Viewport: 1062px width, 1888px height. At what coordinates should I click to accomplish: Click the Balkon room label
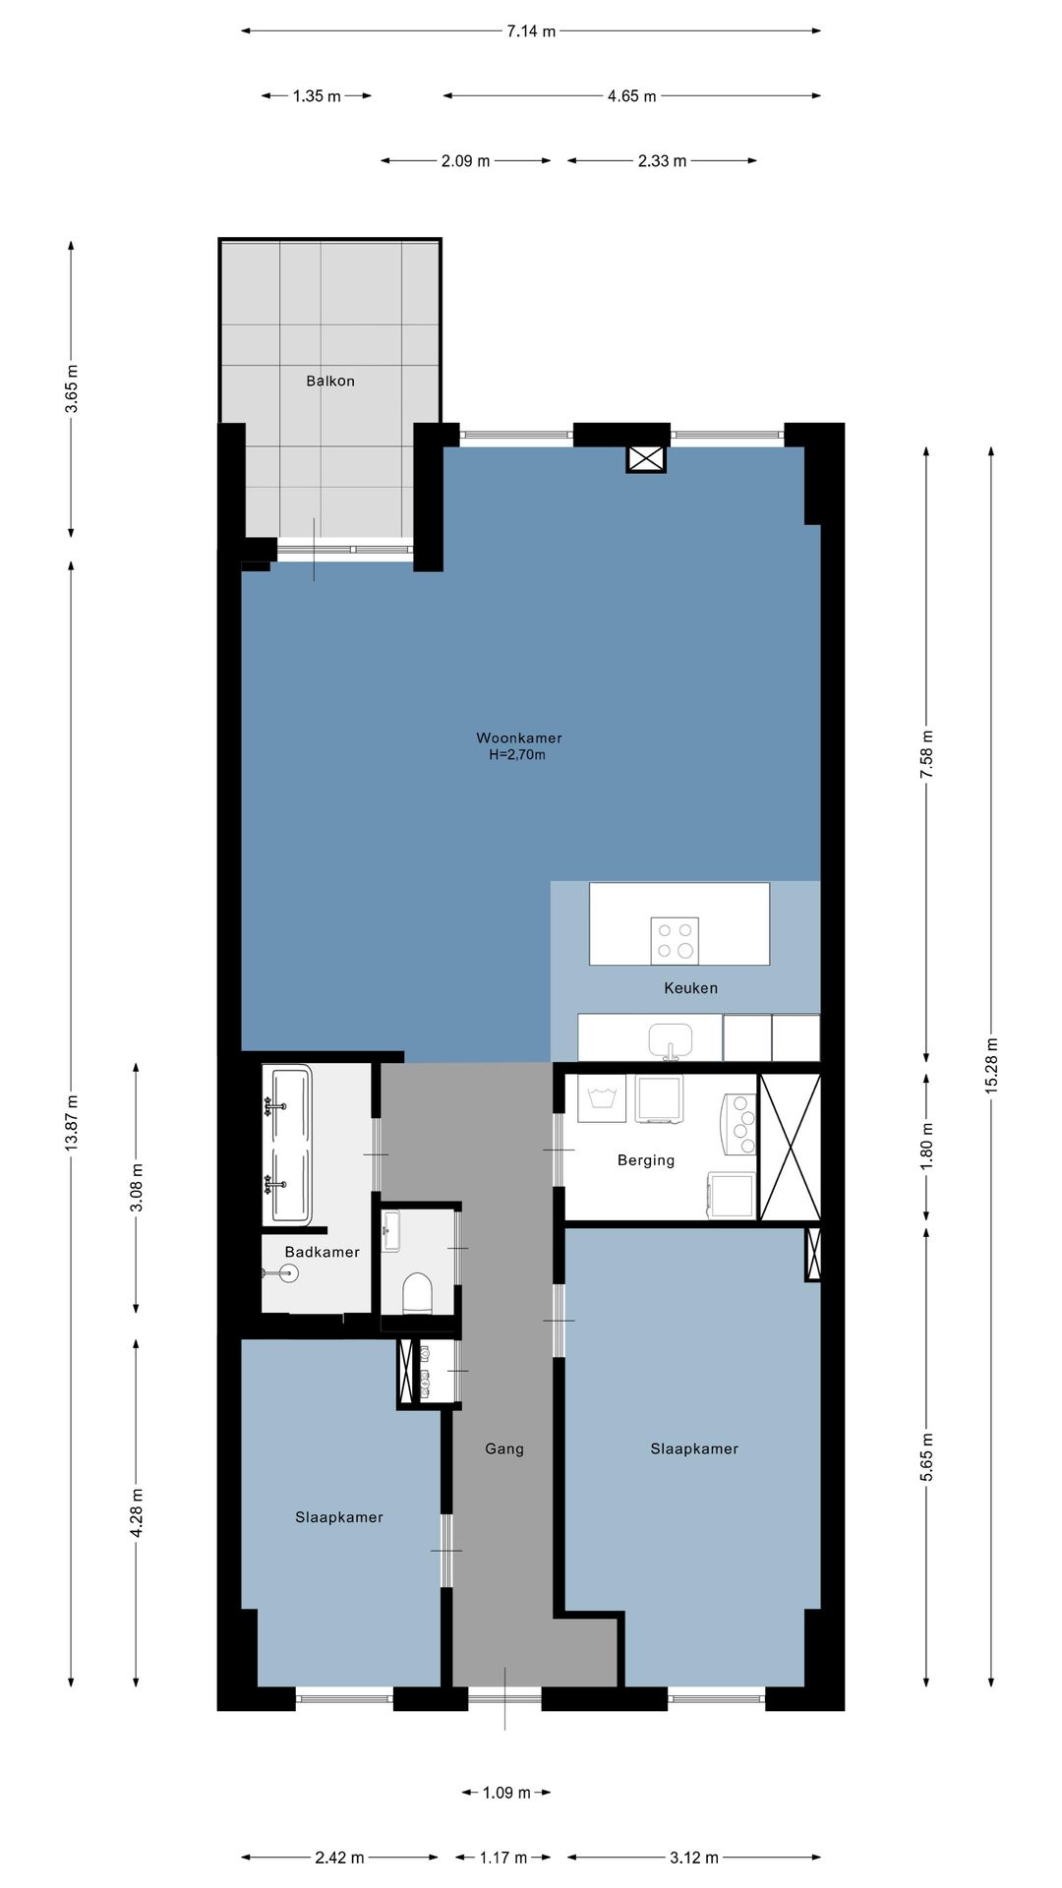(330, 381)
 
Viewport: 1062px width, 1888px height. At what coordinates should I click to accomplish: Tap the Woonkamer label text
(519, 737)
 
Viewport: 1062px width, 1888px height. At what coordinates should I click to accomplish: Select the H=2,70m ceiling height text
(517, 755)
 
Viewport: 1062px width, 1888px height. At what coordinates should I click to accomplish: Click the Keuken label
(690, 987)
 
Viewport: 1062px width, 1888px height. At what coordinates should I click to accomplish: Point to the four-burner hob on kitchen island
(675, 940)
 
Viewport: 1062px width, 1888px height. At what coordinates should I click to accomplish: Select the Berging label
(646, 1160)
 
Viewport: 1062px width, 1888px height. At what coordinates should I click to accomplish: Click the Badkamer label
(322, 1252)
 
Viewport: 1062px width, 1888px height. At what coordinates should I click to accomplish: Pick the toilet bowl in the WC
(418, 1293)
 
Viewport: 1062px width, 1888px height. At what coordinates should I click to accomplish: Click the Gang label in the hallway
(504, 1448)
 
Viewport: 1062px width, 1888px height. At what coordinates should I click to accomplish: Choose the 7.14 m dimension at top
(531, 31)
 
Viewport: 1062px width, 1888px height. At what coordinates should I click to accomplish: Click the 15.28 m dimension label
(991, 1065)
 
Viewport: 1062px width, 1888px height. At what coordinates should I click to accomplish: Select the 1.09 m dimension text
(506, 1793)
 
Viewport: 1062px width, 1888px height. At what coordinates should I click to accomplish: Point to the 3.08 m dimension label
(137, 1188)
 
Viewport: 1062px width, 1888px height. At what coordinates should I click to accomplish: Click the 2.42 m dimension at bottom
(339, 1858)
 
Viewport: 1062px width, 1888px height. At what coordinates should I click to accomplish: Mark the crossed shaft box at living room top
(647, 458)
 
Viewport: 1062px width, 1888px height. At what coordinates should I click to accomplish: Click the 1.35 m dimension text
(317, 96)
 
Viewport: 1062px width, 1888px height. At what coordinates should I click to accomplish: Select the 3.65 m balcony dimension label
(72, 389)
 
